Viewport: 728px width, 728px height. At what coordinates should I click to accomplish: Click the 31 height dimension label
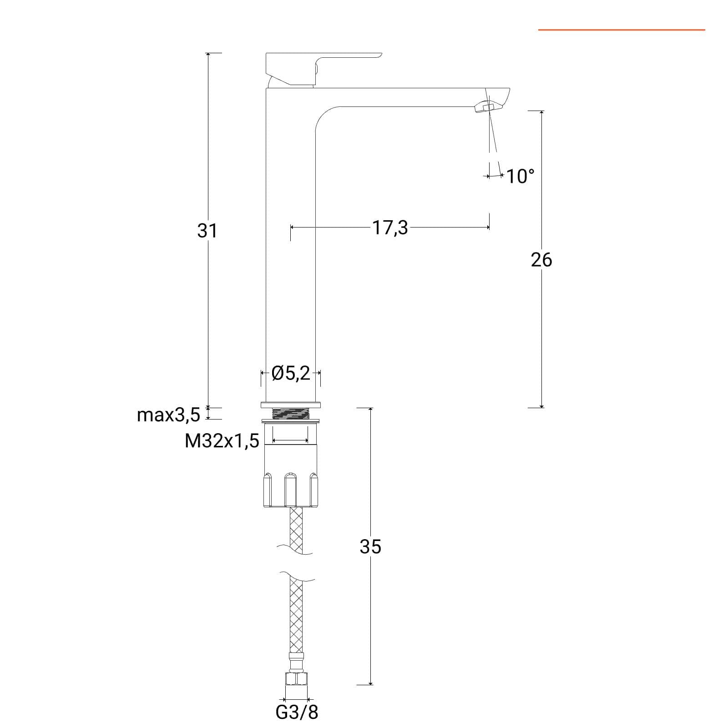point(207,231)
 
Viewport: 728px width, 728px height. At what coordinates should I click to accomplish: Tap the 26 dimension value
point(541,260)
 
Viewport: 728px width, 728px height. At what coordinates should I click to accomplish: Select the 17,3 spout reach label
point(390,227)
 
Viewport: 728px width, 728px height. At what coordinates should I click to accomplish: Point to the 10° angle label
point(520,176)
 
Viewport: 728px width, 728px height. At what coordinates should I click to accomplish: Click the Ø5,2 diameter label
point(291,373)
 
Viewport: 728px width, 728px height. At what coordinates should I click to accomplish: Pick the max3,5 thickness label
point(168,415)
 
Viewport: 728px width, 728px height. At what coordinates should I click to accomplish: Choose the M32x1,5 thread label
point(222,440)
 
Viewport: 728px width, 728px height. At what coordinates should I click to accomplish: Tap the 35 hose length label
point(370,546)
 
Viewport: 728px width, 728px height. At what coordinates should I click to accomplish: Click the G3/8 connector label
point(297,712)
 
